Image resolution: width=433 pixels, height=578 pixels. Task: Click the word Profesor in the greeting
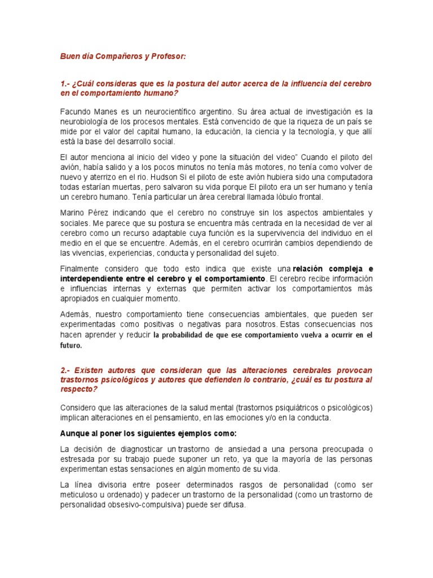(x=166, y=57)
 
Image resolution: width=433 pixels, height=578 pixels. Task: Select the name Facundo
(x=75, y=112)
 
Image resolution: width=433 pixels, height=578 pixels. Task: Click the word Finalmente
(x=82, y=269)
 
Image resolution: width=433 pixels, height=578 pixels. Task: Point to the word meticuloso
(x=82, y=495)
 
